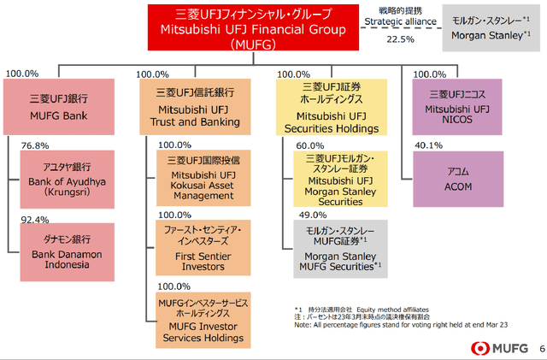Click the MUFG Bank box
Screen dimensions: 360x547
pos(58,106)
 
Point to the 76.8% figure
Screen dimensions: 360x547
pos(36,147)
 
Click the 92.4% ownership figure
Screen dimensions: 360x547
pos(36,220)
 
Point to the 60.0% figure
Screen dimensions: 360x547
pos(310,146)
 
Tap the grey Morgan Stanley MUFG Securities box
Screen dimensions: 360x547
pos(340,250)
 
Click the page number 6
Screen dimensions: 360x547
pos(539,349)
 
